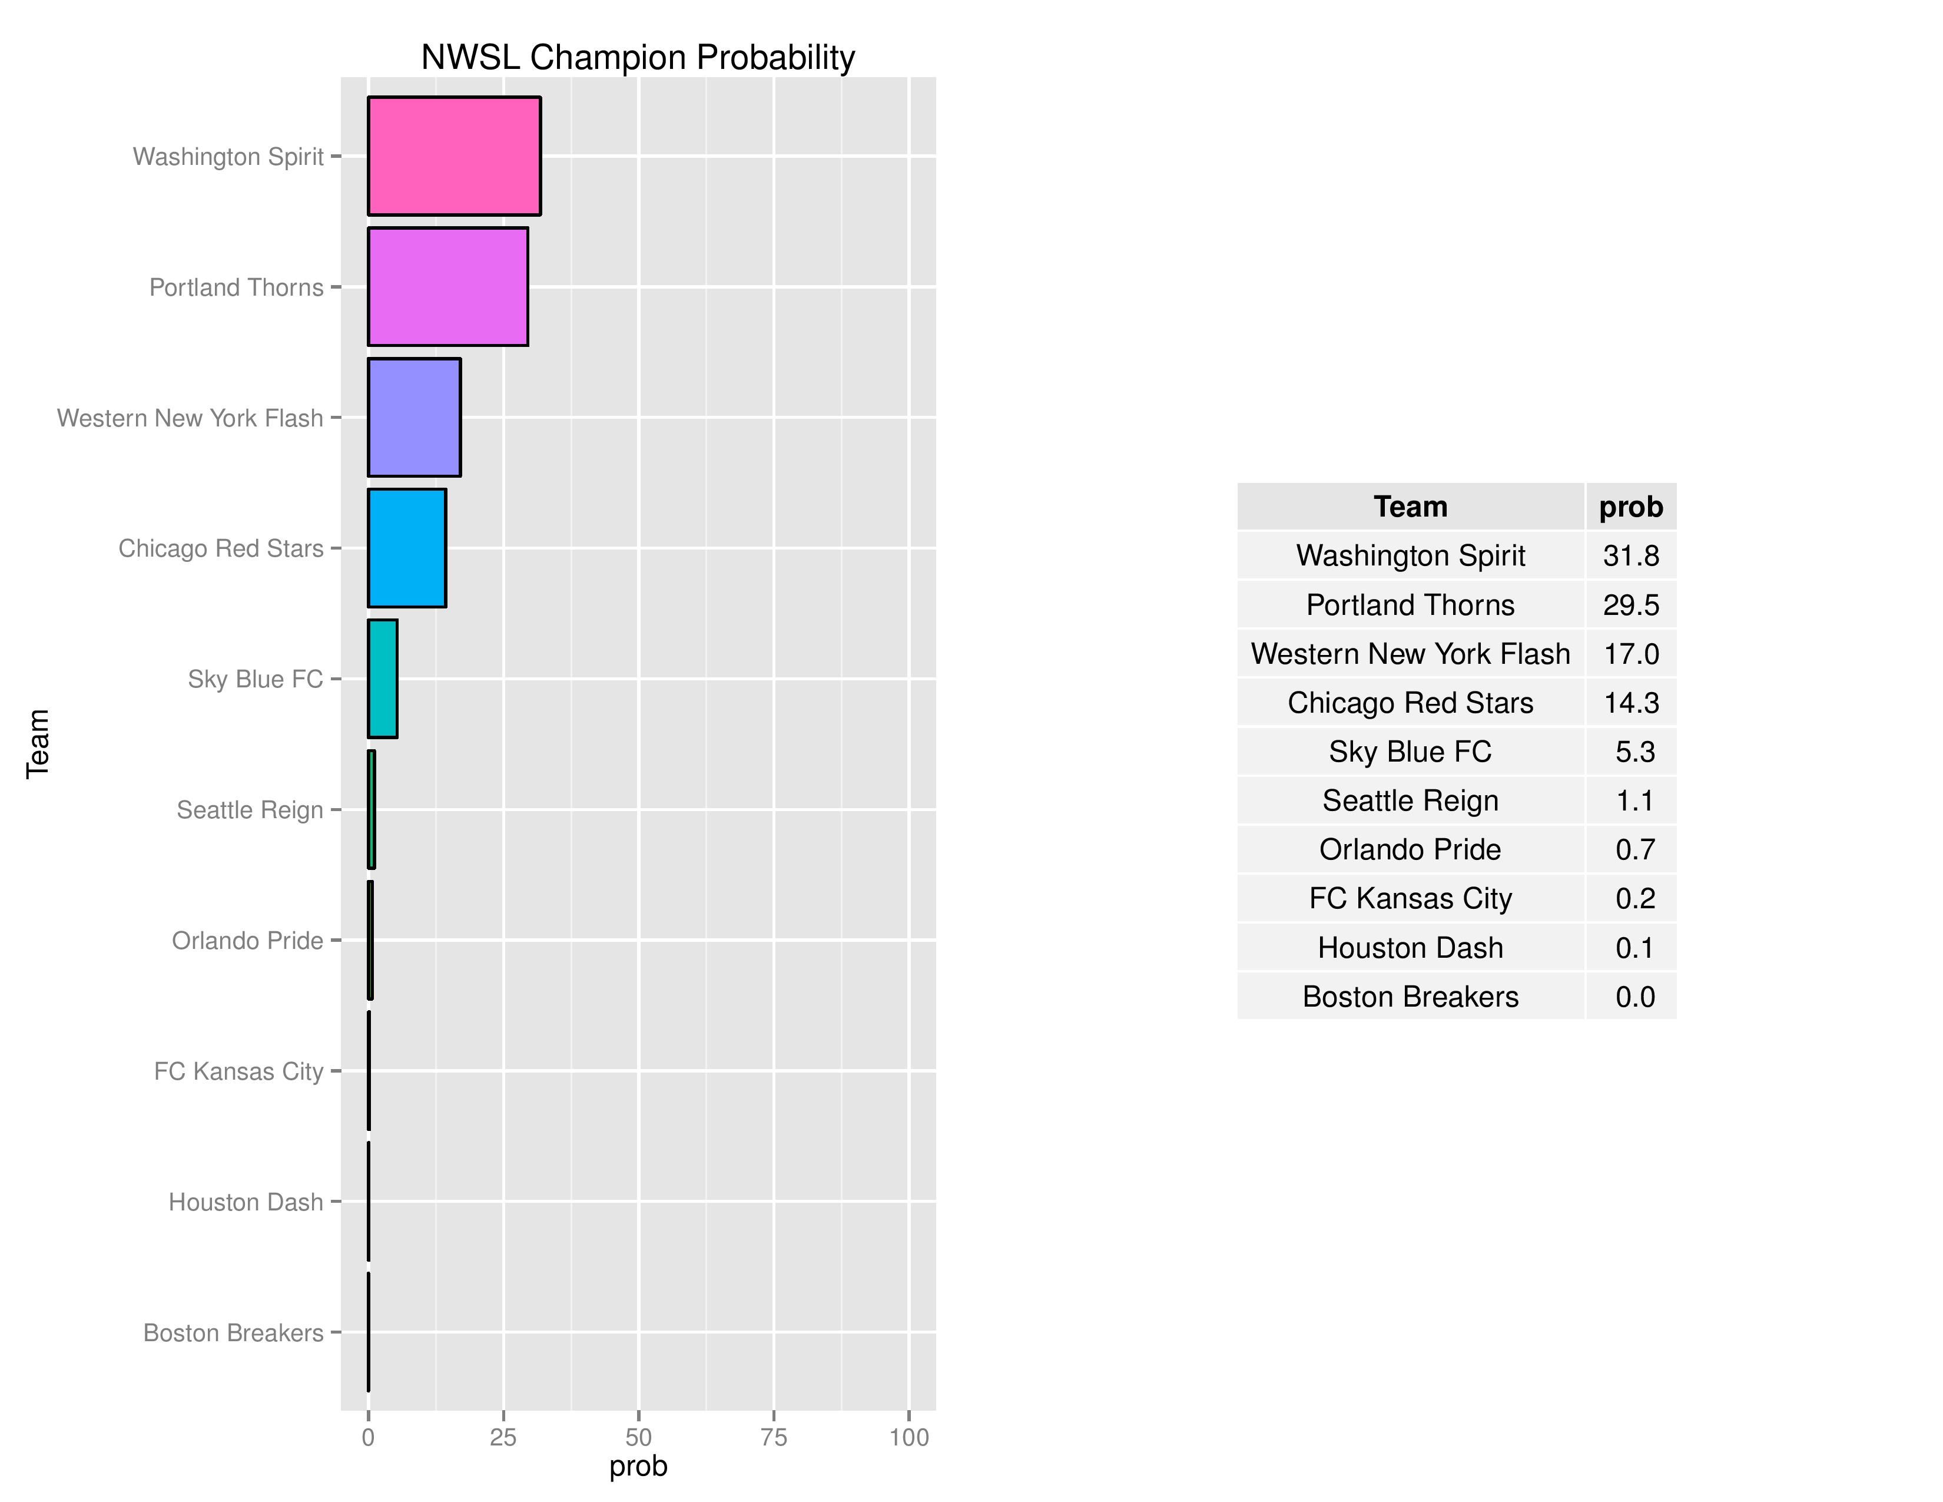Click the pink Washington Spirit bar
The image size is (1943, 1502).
[x=454, y=156]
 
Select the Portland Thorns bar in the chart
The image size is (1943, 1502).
[x=447, y=286]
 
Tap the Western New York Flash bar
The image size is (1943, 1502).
[x=414, y=418]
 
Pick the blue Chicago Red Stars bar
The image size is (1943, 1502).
[x=407, y=548]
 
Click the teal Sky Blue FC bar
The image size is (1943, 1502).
[x=383, y=679]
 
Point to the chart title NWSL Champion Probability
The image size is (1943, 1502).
[x=637, y=57]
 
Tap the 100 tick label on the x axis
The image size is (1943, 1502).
[x=908, y=1437]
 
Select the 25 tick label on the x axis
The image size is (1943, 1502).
[x=503, y=1437]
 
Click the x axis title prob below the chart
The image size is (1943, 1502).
[x=638, y=1467]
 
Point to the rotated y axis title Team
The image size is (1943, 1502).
[x=37, y=744]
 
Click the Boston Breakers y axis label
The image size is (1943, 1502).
[x=233, y=1333]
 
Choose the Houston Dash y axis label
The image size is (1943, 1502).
[x=246, y=1202]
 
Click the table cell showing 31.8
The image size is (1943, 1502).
[x=1631, y=555]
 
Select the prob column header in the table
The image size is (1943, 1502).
[x=1631, y=507]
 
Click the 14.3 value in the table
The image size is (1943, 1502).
[x=1631, y=703]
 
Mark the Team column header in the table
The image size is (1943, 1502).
[x=1410, y=507]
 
